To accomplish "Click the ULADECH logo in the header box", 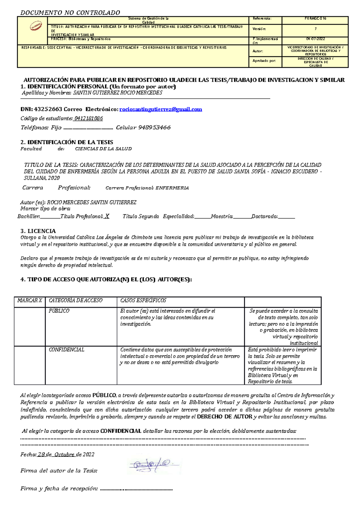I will coord(36,26).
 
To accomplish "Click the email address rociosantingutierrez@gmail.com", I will coord(160,109).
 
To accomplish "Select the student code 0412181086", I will coord(88,119).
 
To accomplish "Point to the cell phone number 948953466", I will coord(154,128).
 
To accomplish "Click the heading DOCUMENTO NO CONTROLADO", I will coord(70,13).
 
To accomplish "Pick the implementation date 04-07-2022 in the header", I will coord(315,39).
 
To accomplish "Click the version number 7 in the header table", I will coord(315,29).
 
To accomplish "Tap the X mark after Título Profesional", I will coord(107,216).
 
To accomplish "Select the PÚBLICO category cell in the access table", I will coord(59,311).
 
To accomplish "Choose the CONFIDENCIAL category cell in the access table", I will coord(67,350).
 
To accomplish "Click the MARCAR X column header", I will coord(30,301).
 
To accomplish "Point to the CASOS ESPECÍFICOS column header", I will coord(143,301).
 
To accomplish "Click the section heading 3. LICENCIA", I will coord(38,231).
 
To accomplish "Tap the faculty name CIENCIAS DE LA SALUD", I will coord(103,149).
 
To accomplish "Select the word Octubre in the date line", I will coord(64,455).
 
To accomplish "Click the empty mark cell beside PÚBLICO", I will coord(30,326).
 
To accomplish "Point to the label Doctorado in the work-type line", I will coord(264,216).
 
